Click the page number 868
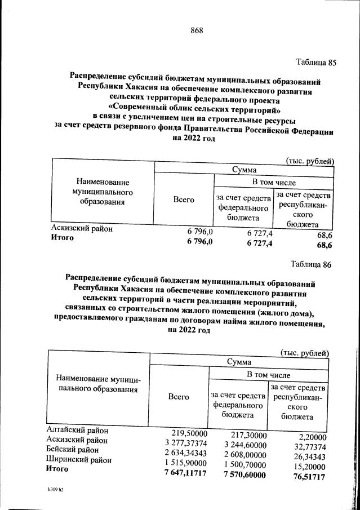[196, 30]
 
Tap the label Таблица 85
[315, 63]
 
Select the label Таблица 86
[313, 264]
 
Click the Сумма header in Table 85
[244, 170]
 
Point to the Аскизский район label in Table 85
[82, 229]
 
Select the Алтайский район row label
[76, 431]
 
